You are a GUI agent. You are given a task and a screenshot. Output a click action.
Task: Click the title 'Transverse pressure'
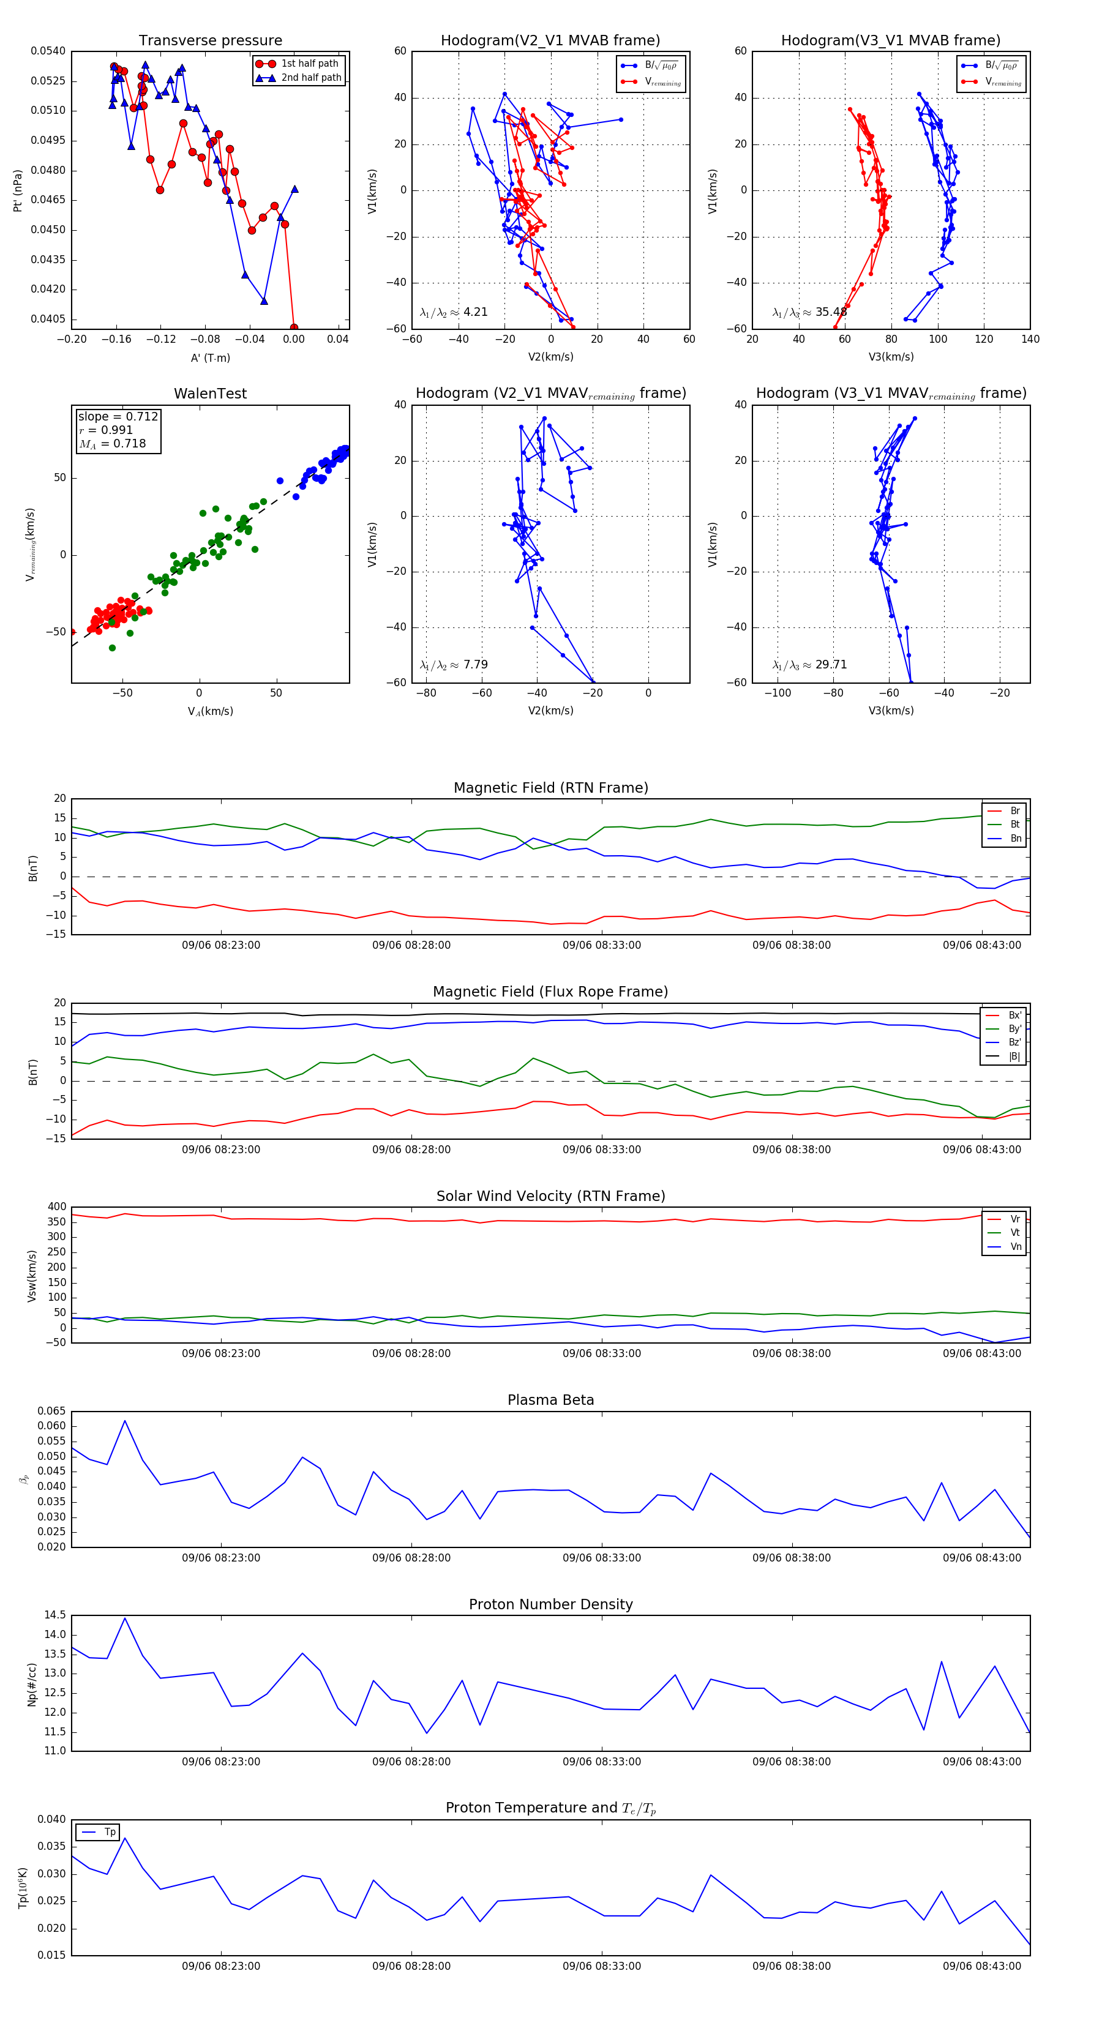tap(210, 41)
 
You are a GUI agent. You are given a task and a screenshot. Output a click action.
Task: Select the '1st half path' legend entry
tap(309, 64)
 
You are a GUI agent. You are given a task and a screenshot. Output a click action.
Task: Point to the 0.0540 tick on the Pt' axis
tap(48, 51)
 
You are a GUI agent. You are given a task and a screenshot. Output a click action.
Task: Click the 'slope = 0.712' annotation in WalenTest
tap(118, 416)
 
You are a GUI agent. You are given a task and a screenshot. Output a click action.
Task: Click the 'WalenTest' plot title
tap(210, 394)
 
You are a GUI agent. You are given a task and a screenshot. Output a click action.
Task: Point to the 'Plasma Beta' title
tap(550, 1401)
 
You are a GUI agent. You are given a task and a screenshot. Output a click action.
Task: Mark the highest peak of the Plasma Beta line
tap(125, 1421)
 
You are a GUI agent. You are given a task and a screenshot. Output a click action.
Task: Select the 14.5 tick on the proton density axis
tap(55, 1615)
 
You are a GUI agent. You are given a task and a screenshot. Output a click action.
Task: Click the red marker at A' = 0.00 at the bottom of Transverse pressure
tap(293, 327)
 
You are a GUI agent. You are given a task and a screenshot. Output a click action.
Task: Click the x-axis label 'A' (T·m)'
tap(210, 358)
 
